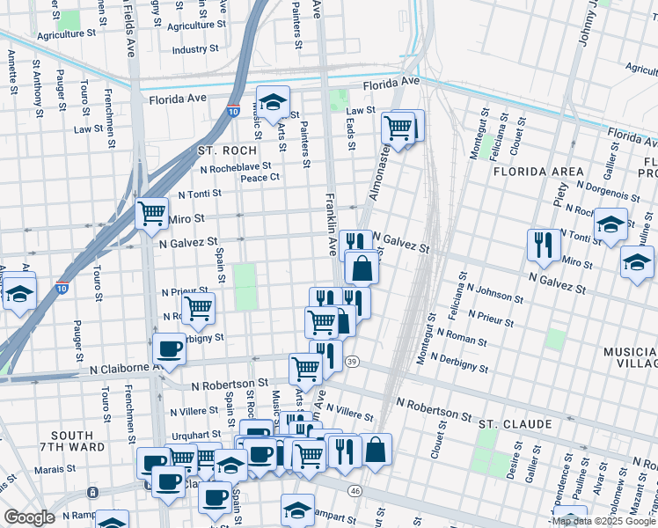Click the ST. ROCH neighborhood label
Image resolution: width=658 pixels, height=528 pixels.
click(x=214, y=150)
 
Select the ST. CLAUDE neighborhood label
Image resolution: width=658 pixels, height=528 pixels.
click(x=515, y=424)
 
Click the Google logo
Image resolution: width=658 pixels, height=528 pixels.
click(x=29, y=517)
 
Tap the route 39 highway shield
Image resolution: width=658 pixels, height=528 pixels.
click(x=353, y=362)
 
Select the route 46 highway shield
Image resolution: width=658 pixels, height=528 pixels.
click(x=355, y=489)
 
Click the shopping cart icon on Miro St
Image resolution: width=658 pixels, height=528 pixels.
click(x=151, y=212)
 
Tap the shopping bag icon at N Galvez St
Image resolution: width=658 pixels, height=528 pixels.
click(x=362, y=267)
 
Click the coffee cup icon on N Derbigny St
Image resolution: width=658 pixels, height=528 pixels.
click(x=169, y=348)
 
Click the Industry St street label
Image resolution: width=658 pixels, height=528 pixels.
click(x=194, y=50)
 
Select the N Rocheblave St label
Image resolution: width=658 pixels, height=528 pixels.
click(x=235, y=166)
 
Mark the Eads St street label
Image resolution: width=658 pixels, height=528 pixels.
click(x=351, y=130)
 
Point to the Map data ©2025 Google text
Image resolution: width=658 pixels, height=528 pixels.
click(x=602, y=521)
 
